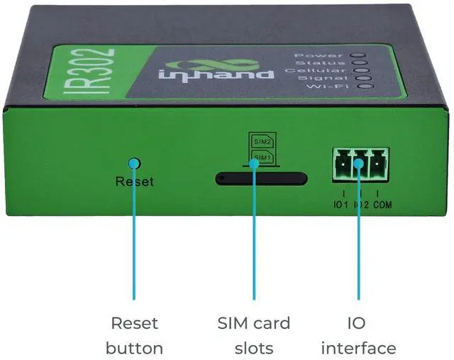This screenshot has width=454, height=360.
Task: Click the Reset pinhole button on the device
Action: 134,163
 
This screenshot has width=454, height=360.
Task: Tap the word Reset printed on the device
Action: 134,182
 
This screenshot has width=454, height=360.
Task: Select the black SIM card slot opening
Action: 261,178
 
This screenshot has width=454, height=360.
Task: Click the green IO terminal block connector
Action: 360,164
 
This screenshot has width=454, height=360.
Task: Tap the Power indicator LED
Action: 361,55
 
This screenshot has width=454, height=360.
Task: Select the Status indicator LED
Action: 363,63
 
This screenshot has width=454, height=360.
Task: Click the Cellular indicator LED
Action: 365,71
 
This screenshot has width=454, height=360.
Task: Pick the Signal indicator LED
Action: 366,79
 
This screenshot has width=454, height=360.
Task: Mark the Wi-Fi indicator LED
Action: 368,87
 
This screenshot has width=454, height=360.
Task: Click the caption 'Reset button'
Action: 134,336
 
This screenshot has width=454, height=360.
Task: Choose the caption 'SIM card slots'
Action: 254,336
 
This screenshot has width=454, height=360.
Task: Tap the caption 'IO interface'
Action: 358,336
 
